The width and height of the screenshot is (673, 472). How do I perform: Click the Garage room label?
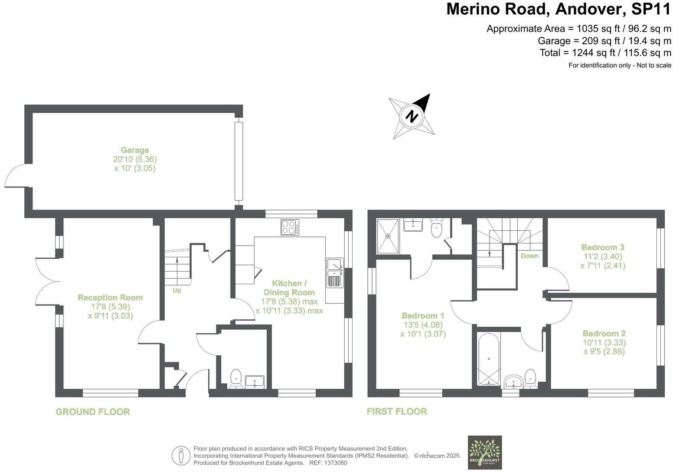click(135, 151)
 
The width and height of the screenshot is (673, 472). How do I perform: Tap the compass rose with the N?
click(412, 116)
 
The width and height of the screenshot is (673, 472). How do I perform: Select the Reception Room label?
click(110, 298)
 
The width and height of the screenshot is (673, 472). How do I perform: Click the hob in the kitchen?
click(290, 227)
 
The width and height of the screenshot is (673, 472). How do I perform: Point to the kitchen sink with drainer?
click(335, 273)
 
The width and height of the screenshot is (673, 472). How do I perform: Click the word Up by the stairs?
click(176, 290)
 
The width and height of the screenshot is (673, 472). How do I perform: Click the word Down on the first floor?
click(529, 256)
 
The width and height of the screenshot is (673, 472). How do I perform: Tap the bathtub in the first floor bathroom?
click(489, 360)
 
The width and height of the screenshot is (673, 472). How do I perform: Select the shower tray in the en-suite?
click(388, 236)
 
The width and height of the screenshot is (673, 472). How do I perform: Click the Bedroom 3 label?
click(603, 247)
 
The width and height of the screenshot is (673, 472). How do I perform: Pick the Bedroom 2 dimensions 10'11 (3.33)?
click(604, 342)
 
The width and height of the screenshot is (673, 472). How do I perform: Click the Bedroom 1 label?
click(423, 315)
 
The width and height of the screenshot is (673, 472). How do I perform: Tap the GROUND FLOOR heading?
click(93, 412)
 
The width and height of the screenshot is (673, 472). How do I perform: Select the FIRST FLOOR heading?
click(397, 411)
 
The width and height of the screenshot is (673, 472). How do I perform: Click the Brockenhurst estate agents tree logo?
click(485, 452)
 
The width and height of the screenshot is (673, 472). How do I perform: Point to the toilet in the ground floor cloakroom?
click(236, 378)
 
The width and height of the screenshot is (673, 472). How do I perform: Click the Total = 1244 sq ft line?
click(605, 53)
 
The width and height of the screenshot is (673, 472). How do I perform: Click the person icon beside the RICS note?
click(181, 456)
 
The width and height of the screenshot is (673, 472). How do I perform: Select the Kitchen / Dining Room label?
click(289, 288)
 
